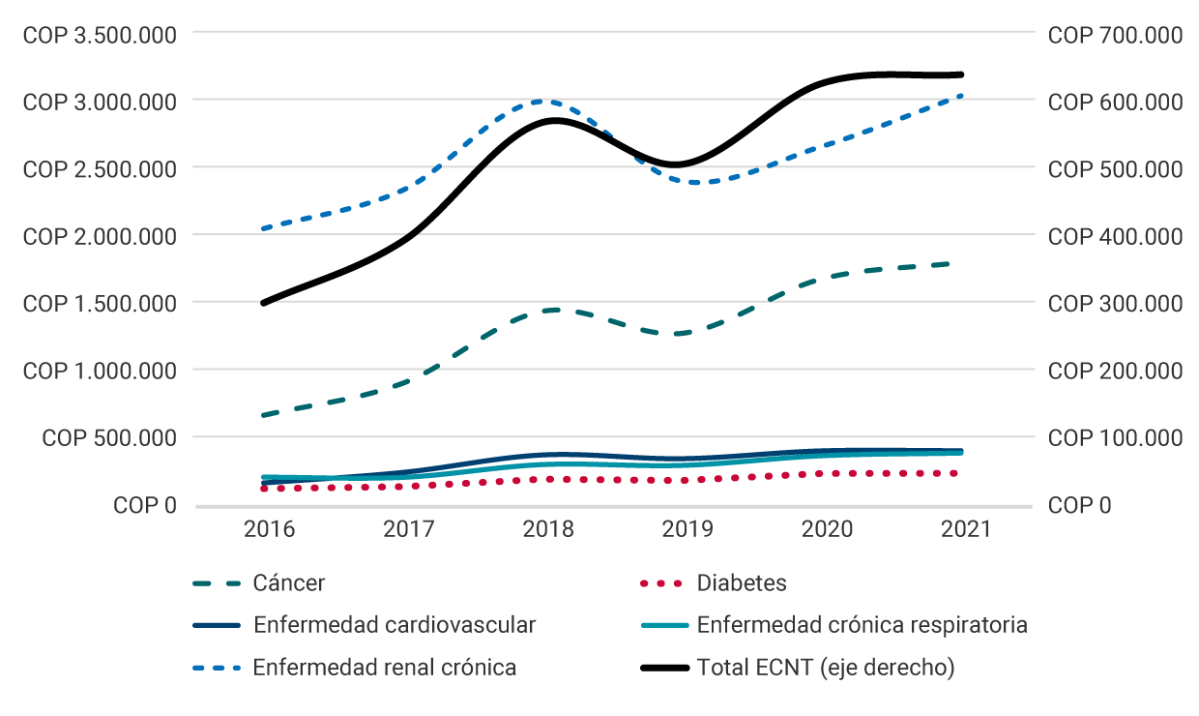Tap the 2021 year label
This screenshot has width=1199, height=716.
[966, 529]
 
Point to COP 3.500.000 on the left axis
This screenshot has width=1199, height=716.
[100, 35]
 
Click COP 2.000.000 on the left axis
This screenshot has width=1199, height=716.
[100, 236]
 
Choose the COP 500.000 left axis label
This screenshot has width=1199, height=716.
[109, 438]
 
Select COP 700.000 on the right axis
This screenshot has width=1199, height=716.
[1115, 35]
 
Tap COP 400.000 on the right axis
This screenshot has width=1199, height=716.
[1115, 236]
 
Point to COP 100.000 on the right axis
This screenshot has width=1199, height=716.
[1115, 438]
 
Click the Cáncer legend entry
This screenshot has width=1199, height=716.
[288, 583]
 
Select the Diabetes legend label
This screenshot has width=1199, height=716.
[742, 583]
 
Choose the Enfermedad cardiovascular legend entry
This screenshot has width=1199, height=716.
[394, 625]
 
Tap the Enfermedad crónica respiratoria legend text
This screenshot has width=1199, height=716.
[862, 625]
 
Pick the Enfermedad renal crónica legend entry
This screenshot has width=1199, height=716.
[384, 668]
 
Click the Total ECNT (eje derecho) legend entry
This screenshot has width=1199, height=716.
[825, 668]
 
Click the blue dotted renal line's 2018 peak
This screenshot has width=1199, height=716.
[543, 101]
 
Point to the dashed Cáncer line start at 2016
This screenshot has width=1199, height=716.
[263, 415]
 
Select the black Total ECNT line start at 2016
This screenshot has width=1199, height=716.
[263, 303]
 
